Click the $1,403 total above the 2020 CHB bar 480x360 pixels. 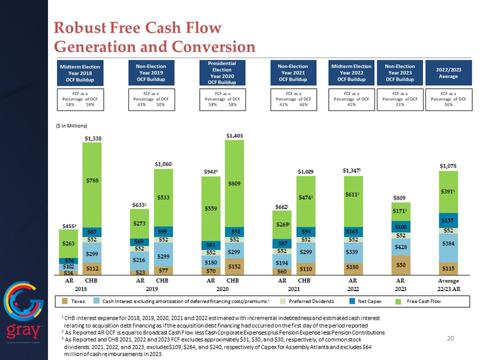tap(235, 136)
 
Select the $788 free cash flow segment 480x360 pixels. tap(91, 181)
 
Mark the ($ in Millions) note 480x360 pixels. tap(71, 125)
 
